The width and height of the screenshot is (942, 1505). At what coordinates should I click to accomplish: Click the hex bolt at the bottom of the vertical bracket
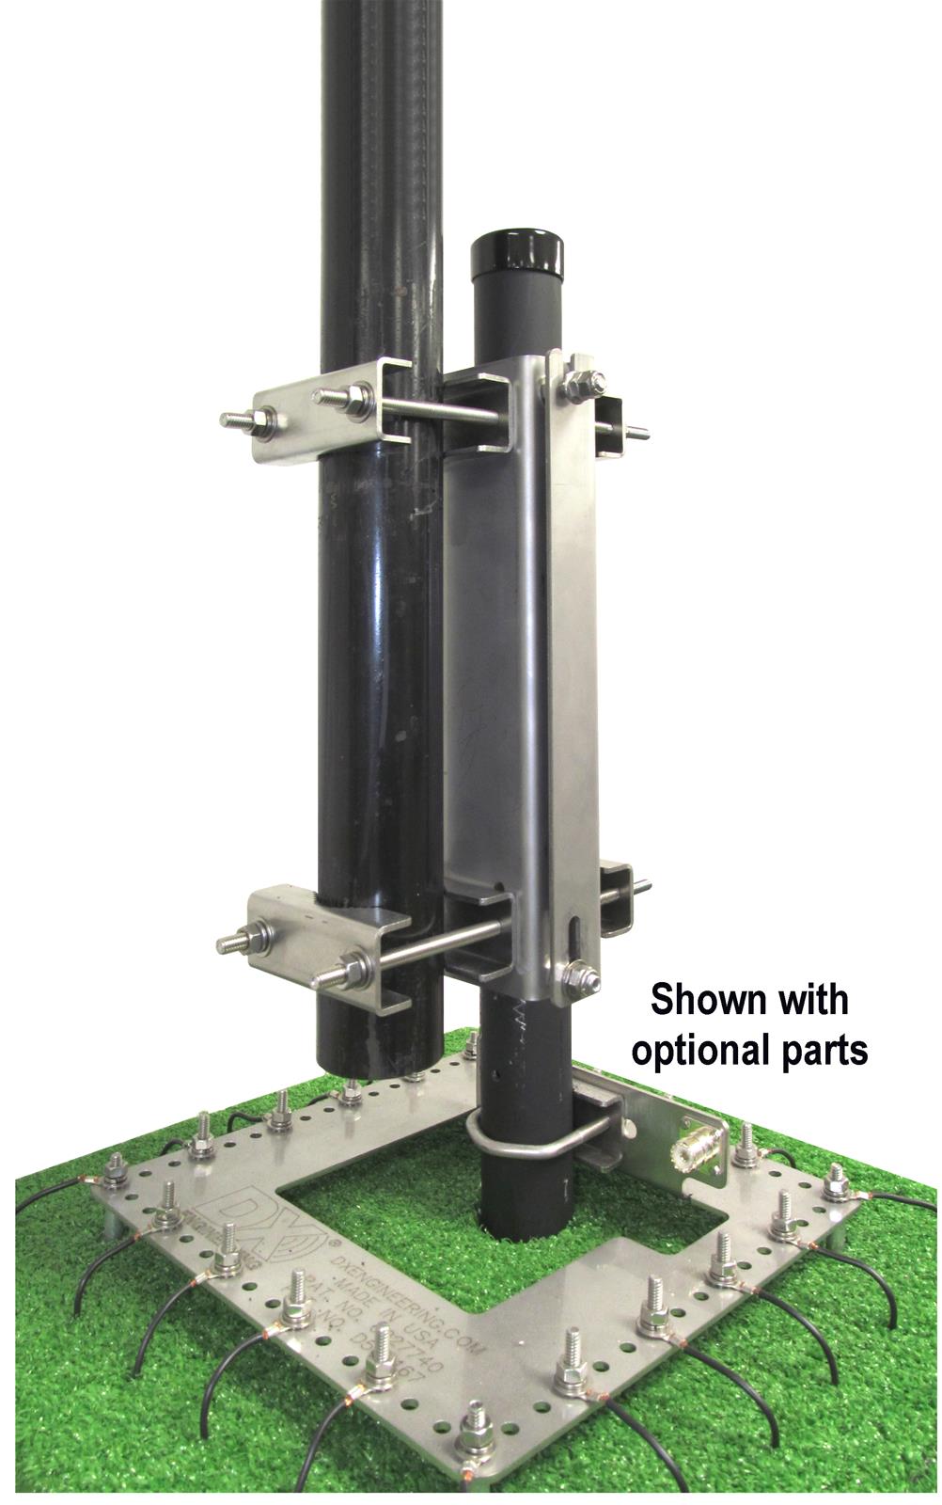point(575,978)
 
